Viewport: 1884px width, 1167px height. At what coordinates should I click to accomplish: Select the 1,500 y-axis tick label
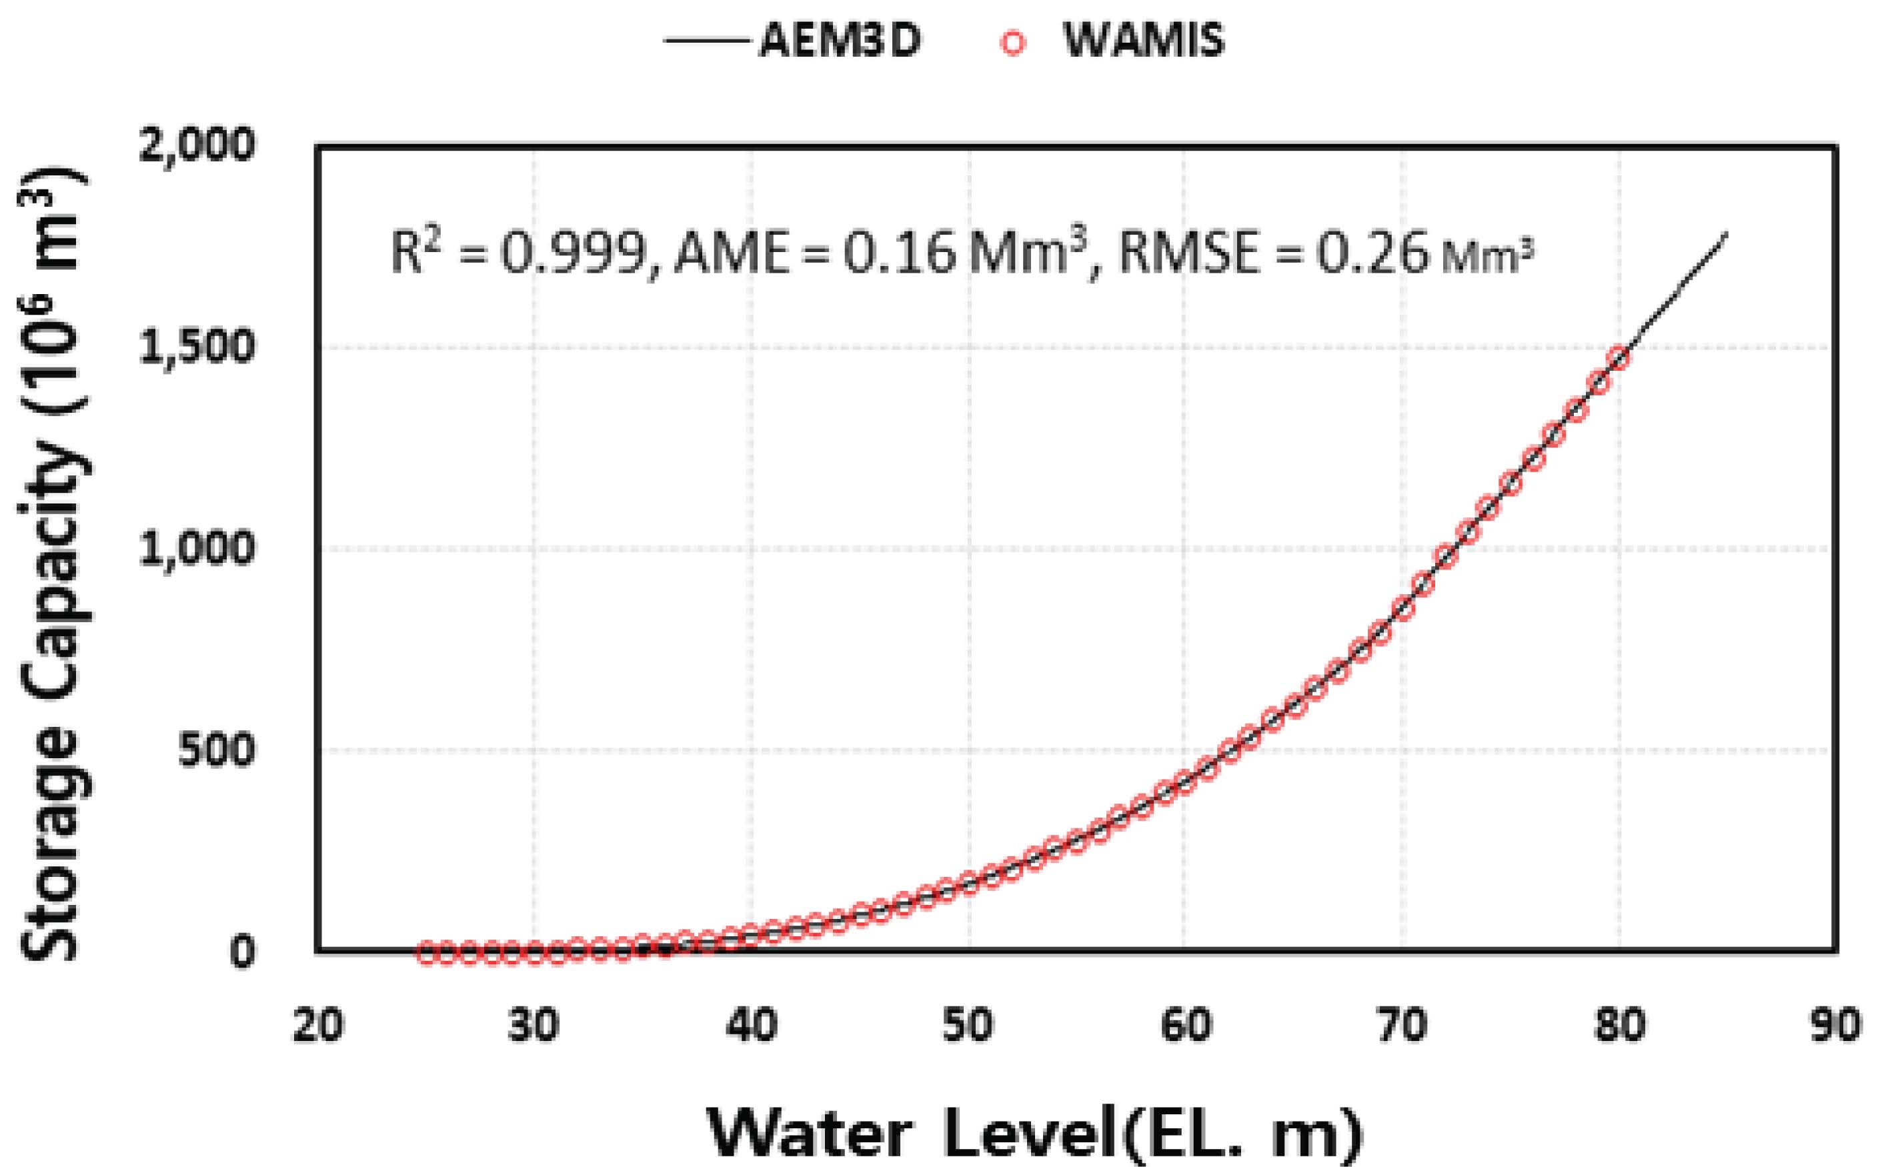[196, 347]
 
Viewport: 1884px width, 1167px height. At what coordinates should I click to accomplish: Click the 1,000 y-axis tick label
[196, 549]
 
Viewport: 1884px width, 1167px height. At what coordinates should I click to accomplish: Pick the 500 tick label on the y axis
[215, 750]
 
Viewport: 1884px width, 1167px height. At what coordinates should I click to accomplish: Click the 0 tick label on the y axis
[241, 952]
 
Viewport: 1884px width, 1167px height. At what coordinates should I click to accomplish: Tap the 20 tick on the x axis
[317, 1026]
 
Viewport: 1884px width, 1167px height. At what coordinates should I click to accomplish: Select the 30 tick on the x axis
[534, 1026]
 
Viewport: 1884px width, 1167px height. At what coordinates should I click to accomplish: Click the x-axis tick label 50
[968, 1026]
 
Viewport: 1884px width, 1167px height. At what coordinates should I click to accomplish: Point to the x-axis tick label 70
[1402, 1026]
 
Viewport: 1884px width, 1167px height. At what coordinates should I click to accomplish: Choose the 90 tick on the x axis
[1835, 1026]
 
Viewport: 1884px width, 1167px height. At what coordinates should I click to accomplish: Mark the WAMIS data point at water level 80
[1619, 358]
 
